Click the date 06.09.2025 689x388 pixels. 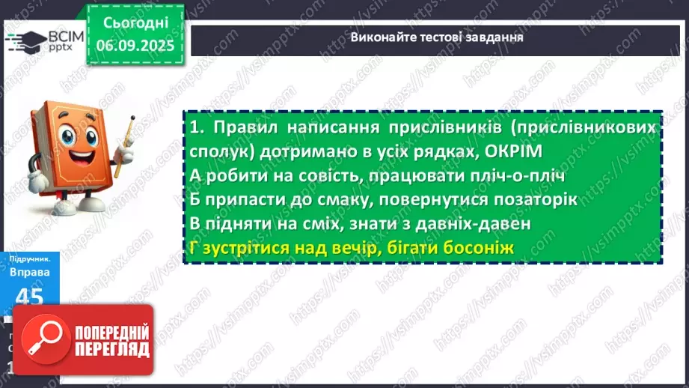135,45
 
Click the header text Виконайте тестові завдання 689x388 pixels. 437,37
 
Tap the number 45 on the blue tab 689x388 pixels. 29,297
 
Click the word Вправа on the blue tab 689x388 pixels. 29,272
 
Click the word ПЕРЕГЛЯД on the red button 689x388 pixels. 112,349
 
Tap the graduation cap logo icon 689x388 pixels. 25,40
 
